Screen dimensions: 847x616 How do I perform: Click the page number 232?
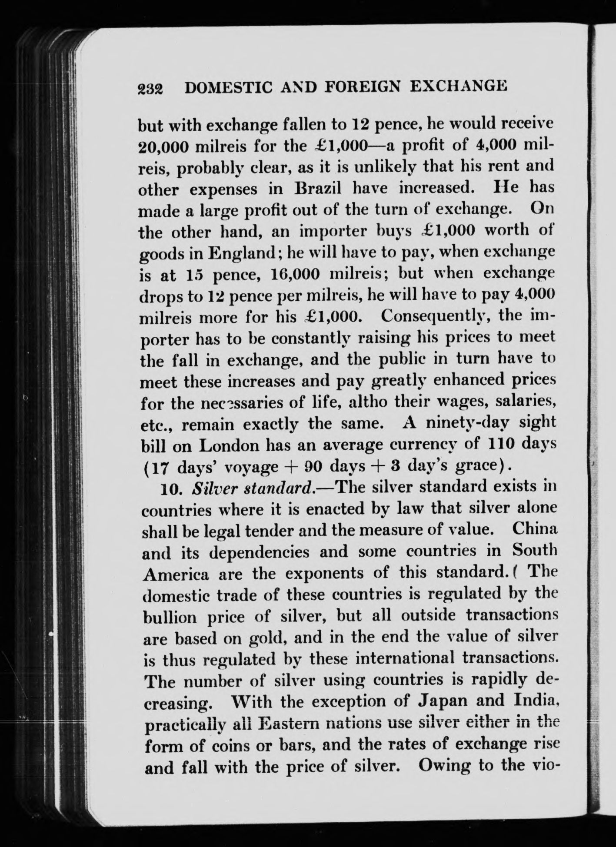point(150,90)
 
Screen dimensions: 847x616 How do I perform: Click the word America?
point(175,574)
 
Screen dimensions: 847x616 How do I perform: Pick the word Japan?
point(440,702)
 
